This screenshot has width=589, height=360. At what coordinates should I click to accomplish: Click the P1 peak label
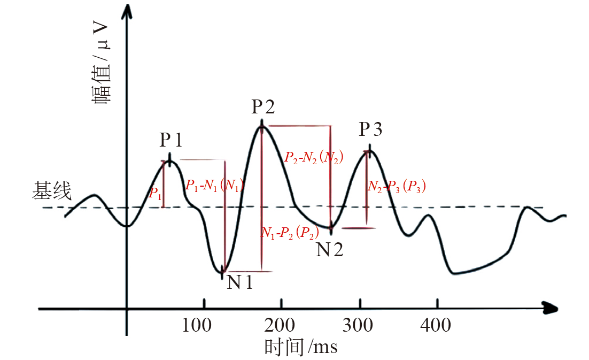point(171,140)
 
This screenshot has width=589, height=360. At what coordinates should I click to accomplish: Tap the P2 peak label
point(263,108)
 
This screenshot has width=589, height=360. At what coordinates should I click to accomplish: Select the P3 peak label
point(370,129)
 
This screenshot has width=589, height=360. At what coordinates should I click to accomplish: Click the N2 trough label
point(329,249)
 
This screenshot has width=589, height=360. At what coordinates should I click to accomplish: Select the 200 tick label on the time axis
point(281,325)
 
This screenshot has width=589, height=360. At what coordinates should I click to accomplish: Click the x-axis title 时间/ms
point(301,347)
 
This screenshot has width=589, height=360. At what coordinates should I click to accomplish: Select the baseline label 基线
point(52,190)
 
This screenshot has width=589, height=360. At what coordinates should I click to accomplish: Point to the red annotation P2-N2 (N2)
point(314,157)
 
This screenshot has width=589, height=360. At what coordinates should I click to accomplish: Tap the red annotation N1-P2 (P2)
point(290,233)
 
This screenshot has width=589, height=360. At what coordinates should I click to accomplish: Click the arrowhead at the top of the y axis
point(127,12)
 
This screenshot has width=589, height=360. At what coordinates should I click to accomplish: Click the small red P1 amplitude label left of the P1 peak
point(155,194)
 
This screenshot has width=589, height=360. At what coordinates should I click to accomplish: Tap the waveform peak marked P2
point(261,123)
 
